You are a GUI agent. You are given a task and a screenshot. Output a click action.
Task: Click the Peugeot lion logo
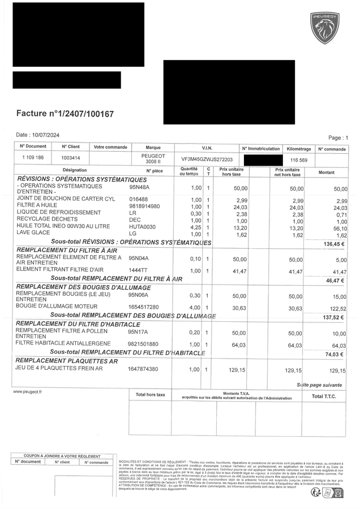coord(324,28)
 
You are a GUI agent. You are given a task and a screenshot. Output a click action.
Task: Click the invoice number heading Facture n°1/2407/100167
coord(65,114)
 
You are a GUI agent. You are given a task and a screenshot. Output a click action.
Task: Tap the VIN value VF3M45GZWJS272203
coord(207,159)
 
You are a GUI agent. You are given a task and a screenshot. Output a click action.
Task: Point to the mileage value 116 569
coord(298,160)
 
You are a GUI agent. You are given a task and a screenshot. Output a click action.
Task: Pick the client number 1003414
coord(71,158)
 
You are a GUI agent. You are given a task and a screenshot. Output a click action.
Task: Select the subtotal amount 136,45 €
coord(335,244)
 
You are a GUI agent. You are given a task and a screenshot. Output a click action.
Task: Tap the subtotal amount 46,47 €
coord(336,280)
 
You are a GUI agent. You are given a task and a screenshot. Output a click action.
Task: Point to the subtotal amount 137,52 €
coord(335,317)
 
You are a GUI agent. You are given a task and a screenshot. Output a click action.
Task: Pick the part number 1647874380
coord(143,369)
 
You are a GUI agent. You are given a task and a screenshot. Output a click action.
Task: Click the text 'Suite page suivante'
coord(319,385)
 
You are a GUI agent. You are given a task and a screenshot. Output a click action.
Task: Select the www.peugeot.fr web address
coord(28,391)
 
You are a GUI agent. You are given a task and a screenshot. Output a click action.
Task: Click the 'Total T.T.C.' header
coord(324,396)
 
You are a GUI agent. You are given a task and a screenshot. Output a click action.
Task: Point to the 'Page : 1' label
coord(338,137)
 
